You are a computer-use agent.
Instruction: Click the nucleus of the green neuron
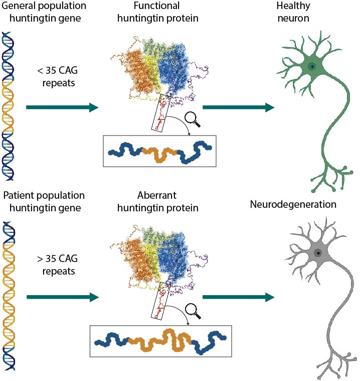coord(312,66)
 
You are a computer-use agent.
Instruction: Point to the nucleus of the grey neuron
coord(318,253)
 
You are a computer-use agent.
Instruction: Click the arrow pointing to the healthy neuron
coord(238,107)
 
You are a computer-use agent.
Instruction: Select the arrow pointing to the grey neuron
coord(238,297)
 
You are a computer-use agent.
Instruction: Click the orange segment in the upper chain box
coord(159,153)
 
